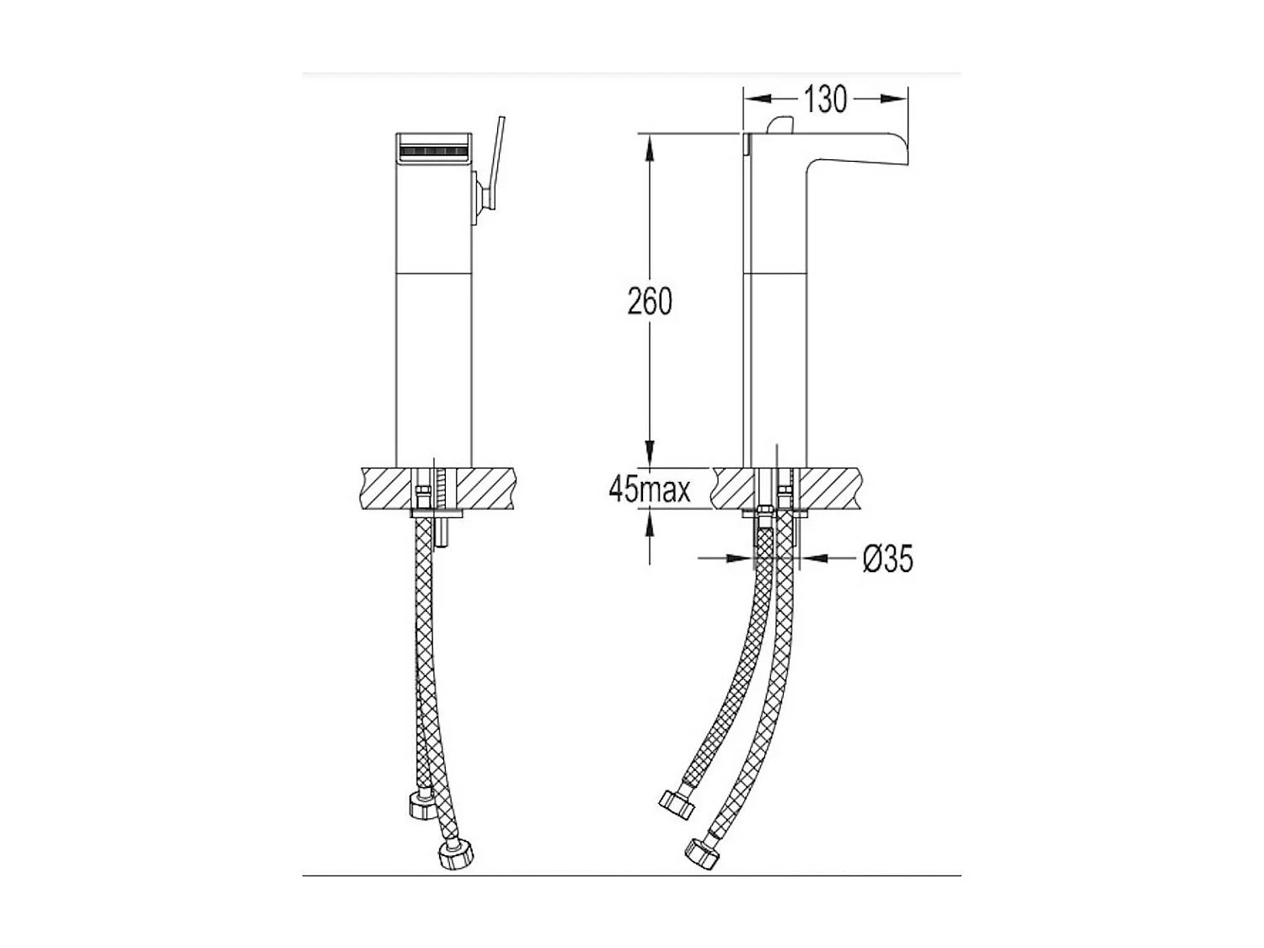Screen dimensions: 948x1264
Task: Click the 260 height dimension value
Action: coord(650,301)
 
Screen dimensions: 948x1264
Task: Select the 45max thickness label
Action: coord(649,490)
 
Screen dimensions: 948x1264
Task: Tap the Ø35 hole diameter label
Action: coord(887,558)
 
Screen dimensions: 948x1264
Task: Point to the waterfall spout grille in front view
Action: coord(432,153)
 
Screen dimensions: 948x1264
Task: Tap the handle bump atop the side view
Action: coord(780,125)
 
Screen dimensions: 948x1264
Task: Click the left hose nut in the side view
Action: coord(677,803)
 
